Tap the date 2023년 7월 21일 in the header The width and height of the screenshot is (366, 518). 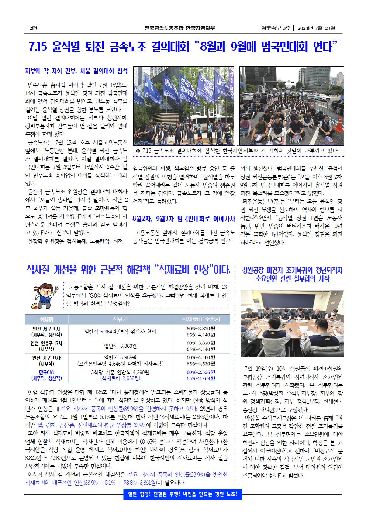point(318,28)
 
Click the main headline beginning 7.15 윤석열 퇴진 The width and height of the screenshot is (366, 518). point(183,47)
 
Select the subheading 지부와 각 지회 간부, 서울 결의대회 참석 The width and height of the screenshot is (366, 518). point(76,71)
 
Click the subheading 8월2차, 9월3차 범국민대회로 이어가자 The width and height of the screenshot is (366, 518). point(183,219)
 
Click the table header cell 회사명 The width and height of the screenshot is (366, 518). point(47,319)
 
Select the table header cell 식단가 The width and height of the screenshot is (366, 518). point(120,319)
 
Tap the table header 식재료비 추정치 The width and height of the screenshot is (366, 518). point(201,319)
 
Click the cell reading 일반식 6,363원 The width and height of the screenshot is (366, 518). point(120,346)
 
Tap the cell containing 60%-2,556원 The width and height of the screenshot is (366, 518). point(201,372)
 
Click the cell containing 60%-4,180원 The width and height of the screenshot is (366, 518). point(201,357)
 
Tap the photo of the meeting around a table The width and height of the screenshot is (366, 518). point(292,324)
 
